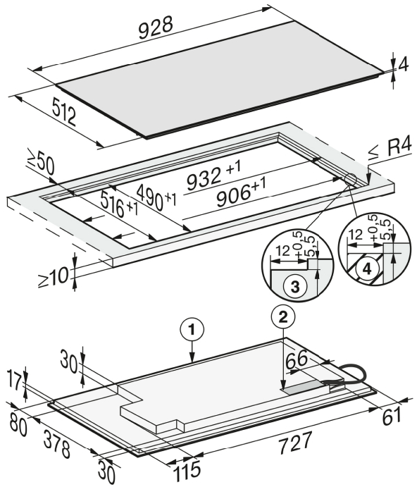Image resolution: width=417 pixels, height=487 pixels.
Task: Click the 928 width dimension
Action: point(155,27)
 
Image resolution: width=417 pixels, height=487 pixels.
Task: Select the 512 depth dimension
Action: point(64,112)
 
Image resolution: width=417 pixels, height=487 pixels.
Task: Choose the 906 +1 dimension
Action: point(241,195)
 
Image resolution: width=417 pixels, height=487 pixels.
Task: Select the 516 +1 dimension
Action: point(119,204)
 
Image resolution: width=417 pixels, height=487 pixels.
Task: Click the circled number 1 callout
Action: point(192,330)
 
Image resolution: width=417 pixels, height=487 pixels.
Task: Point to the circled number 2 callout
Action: point(283,317)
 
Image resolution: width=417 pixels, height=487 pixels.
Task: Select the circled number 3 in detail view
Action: point(294,286)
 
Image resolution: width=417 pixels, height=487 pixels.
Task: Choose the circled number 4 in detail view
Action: point(367,269)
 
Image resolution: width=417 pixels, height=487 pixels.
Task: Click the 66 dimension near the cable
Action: point(297,360)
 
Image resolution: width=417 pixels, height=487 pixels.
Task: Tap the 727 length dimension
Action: point(294,443)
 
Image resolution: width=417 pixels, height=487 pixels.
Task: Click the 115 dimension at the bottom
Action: point(187,469)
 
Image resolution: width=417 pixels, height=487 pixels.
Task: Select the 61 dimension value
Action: point(392,417)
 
